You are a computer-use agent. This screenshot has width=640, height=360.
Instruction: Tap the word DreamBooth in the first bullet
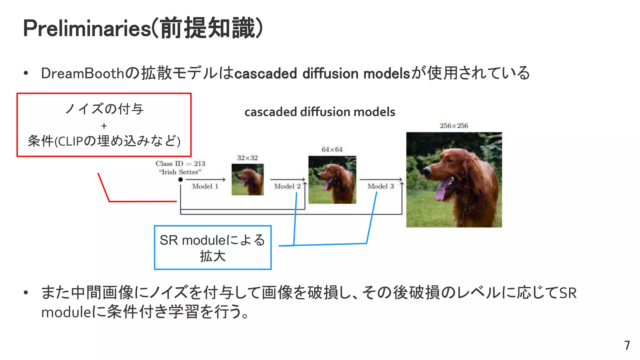(x=82, y=73)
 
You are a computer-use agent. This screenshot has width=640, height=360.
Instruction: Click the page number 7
(x=627, y=345)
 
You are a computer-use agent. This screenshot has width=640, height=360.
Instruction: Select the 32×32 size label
(x=247, y=158)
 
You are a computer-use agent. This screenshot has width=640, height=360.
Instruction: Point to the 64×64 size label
(x=332, y=149)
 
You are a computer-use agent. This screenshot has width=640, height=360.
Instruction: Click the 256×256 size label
(x=454, y=126)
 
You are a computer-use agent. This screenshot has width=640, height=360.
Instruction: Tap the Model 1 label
(x=205, y=186)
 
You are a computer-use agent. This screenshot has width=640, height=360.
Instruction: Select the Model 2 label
(x=287, y=186)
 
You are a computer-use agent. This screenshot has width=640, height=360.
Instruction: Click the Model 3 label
(x=380, y=186)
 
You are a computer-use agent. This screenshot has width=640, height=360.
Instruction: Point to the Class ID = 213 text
(x=180, y=163)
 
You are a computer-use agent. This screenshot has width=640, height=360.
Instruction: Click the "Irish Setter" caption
(x=180, y=172)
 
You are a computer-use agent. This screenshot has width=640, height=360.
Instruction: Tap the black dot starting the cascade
(x=180, y=179)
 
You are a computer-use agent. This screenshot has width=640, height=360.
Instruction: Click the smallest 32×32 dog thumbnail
(x=247, y=179)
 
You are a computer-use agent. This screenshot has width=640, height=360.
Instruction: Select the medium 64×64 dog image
(x=332, y=180)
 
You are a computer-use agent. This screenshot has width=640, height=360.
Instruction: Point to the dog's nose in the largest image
(x=427, y=170)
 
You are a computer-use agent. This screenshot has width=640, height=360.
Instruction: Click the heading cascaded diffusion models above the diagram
(x=320, y=112)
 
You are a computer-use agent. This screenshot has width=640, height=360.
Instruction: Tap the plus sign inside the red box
(x=104, y=126)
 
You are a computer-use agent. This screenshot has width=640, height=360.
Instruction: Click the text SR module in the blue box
(x=192, y=240)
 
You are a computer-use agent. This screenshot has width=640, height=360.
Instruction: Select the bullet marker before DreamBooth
(x=26, y=73)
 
